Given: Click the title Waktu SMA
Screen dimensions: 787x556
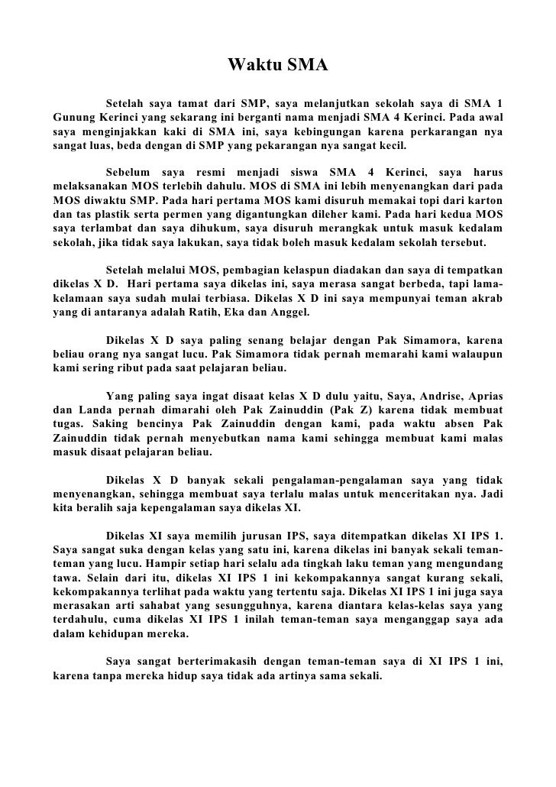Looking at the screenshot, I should pyautogui.click(x=278, y=66).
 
